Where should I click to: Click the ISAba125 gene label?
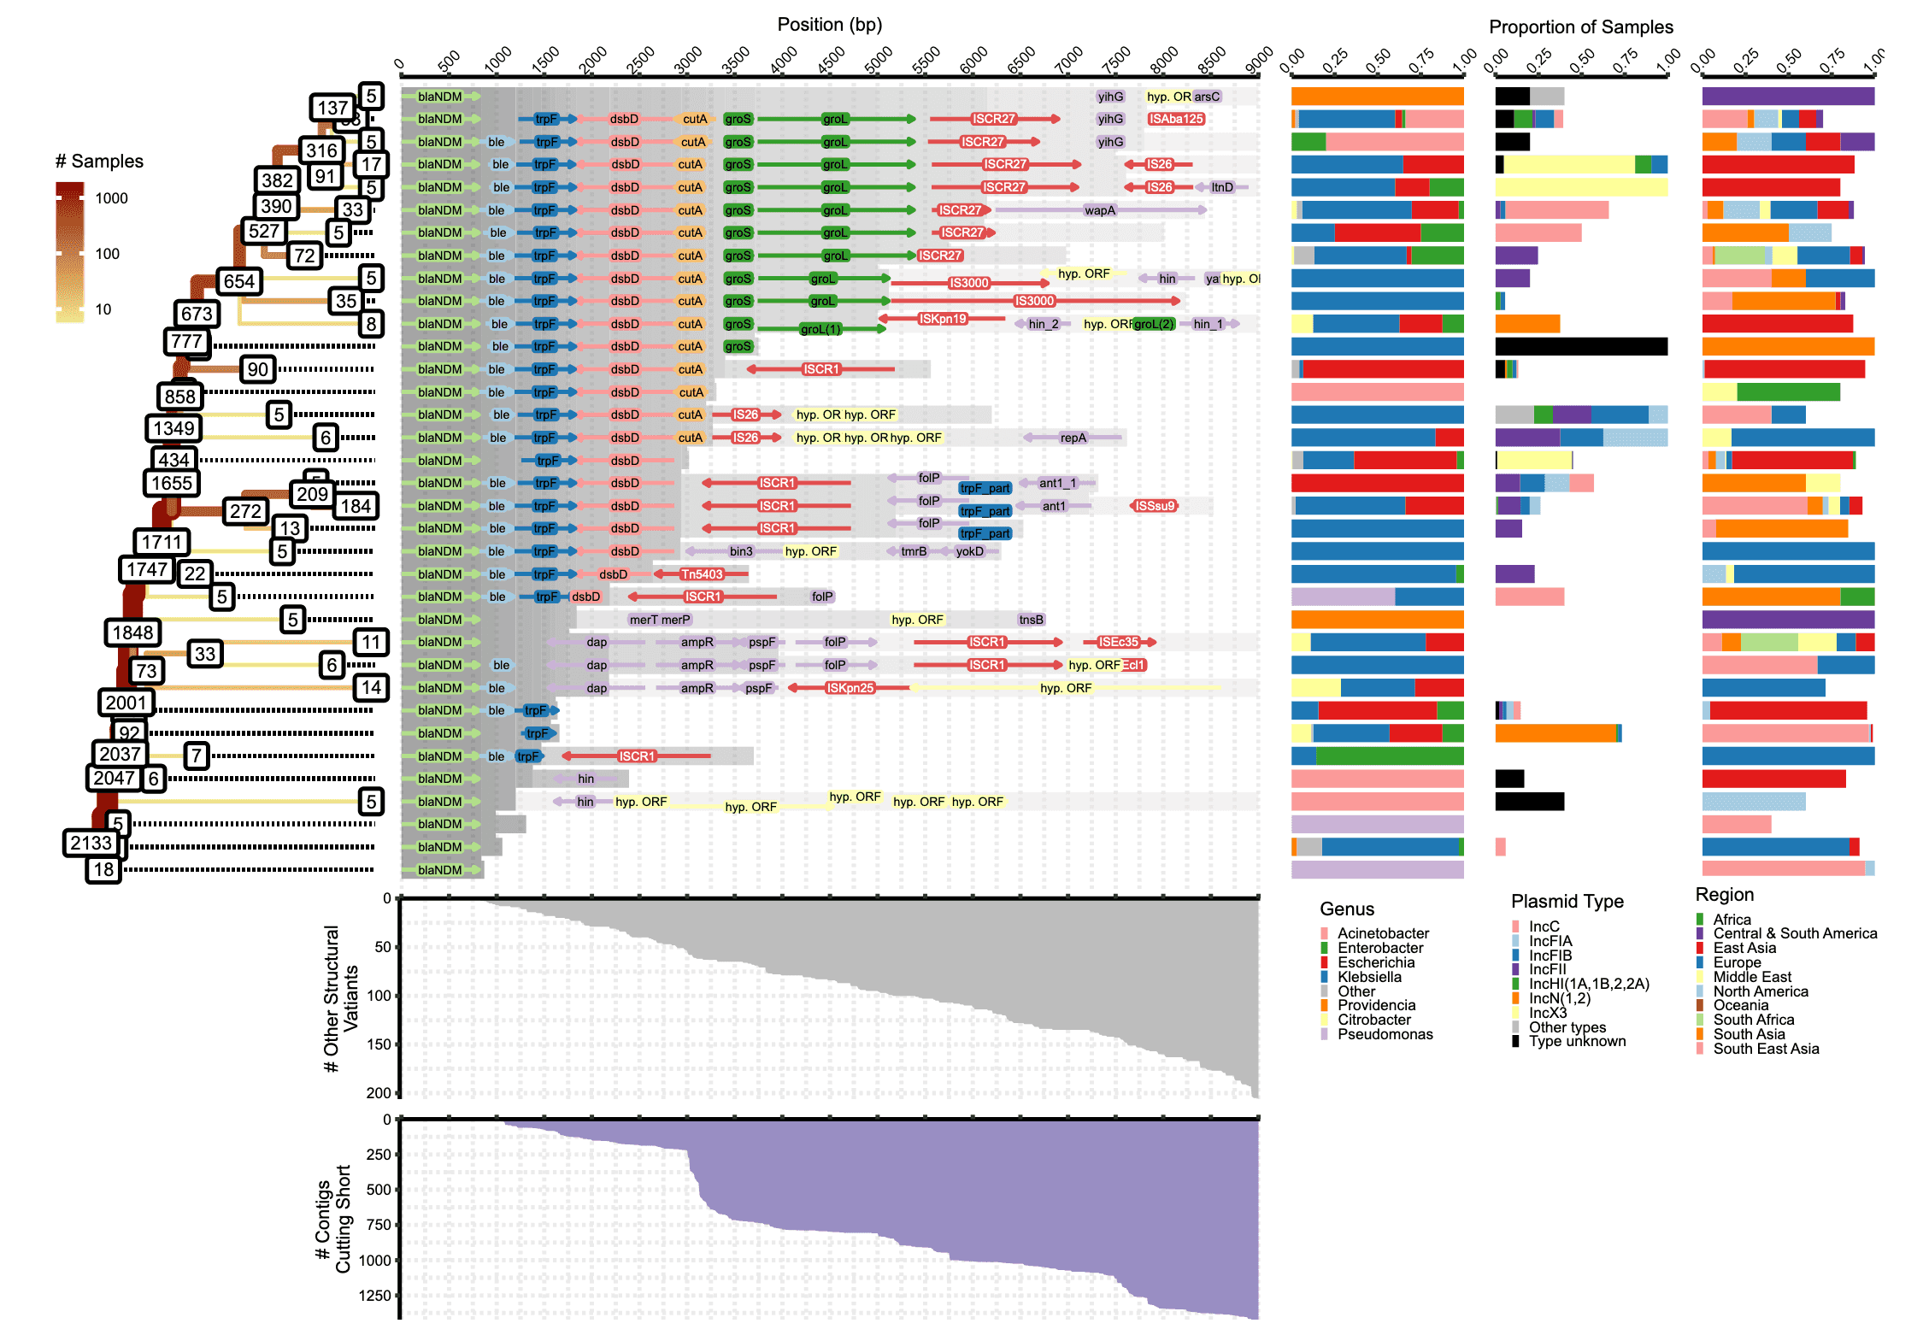[x=1176, y=119]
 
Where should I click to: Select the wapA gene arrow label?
[x=1099, y=210]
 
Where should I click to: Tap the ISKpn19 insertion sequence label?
[x=942, y=319]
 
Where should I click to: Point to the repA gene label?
[x=1073, y=438]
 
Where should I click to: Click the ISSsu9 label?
[x=1155, y=506]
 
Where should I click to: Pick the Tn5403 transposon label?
[x=702, y=574]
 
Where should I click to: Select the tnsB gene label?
[x=1031, y=620]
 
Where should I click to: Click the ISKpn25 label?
[x=850, y=688]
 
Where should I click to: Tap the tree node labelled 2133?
[x=91, y=843]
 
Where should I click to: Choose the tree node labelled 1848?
[x=133, y=632]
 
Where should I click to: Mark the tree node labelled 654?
[x=239, y=281]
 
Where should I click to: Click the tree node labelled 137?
[x=332, y=108]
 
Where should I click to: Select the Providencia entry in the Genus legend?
[x=1376, y=1005]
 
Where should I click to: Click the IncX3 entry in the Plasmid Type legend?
[x=1548, y=1013]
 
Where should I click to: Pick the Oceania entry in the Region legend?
[x=1741, y=1005]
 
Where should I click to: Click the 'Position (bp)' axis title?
[x=829, y=25]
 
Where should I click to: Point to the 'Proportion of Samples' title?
[x=1580, y=27]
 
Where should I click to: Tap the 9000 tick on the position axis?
[x=1259, y=62]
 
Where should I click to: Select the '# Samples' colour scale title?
[x=99, y=162]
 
